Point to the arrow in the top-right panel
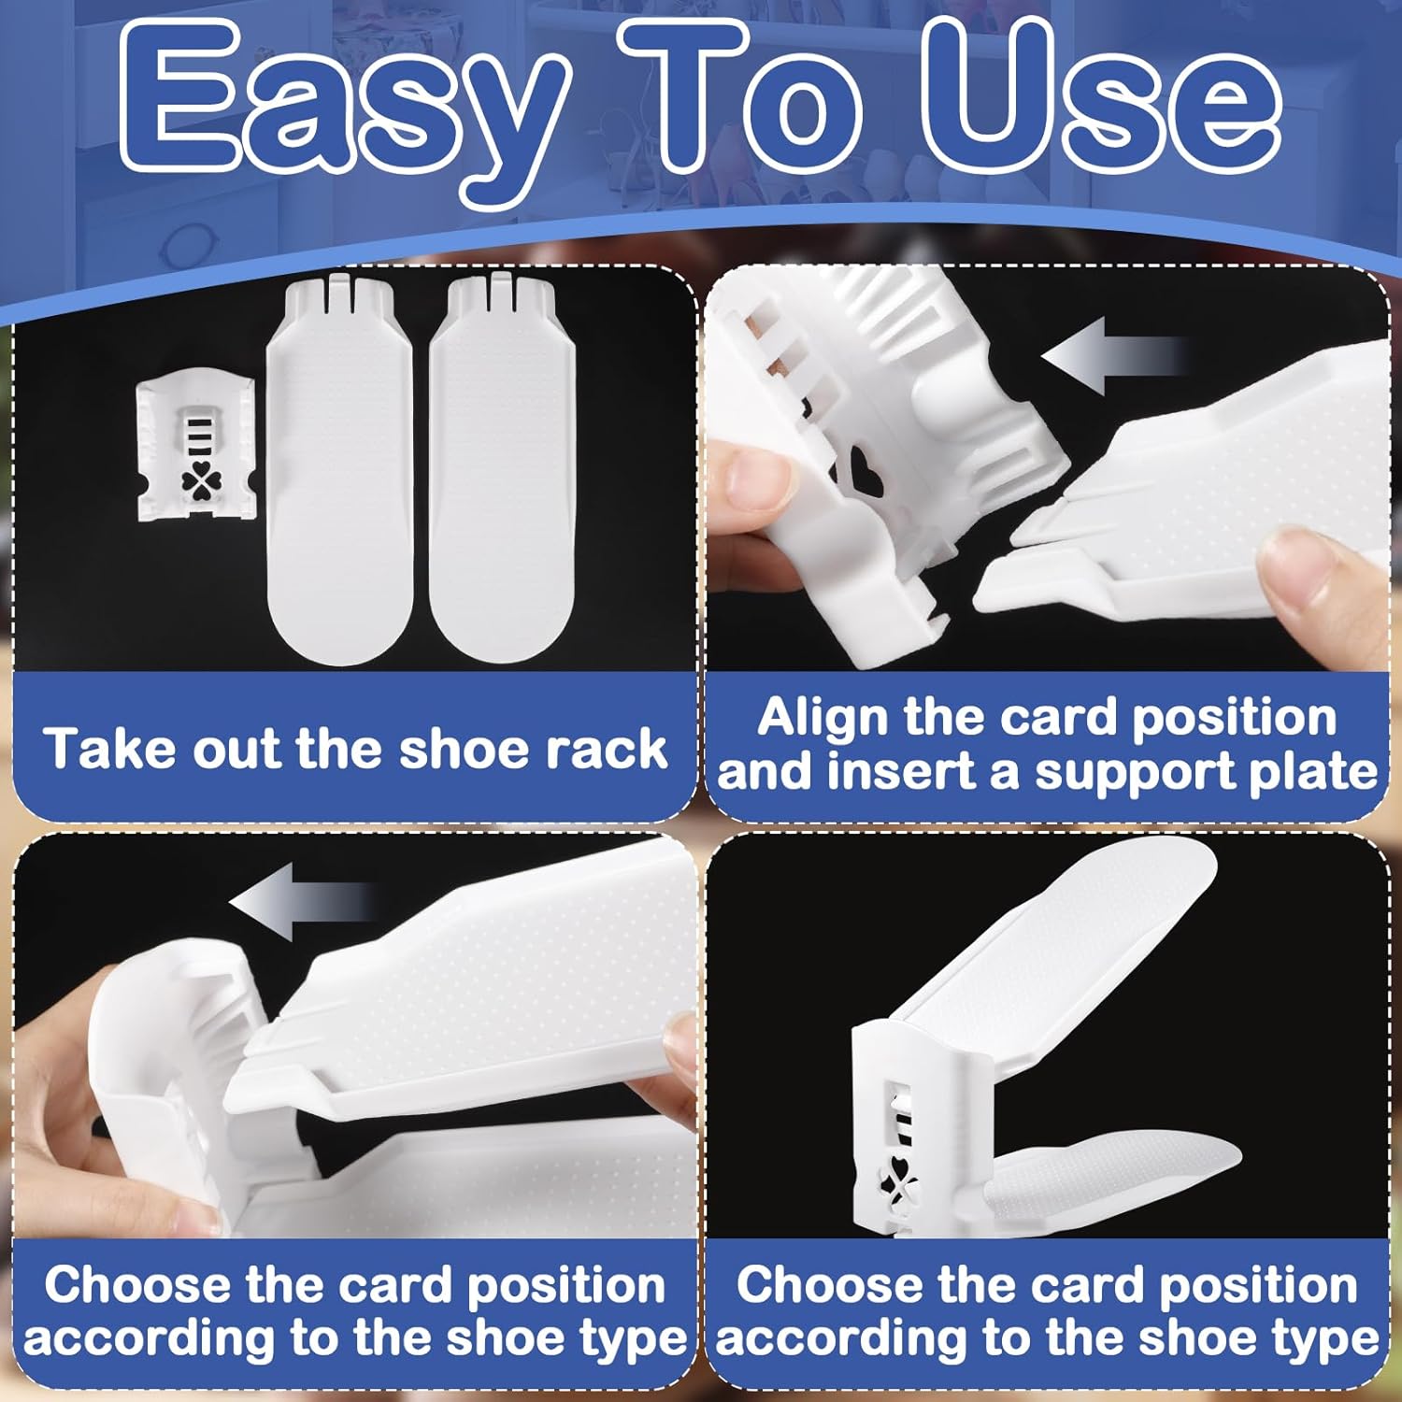click(x=1112, y=355)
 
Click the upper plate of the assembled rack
click(x=1056, y=944)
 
